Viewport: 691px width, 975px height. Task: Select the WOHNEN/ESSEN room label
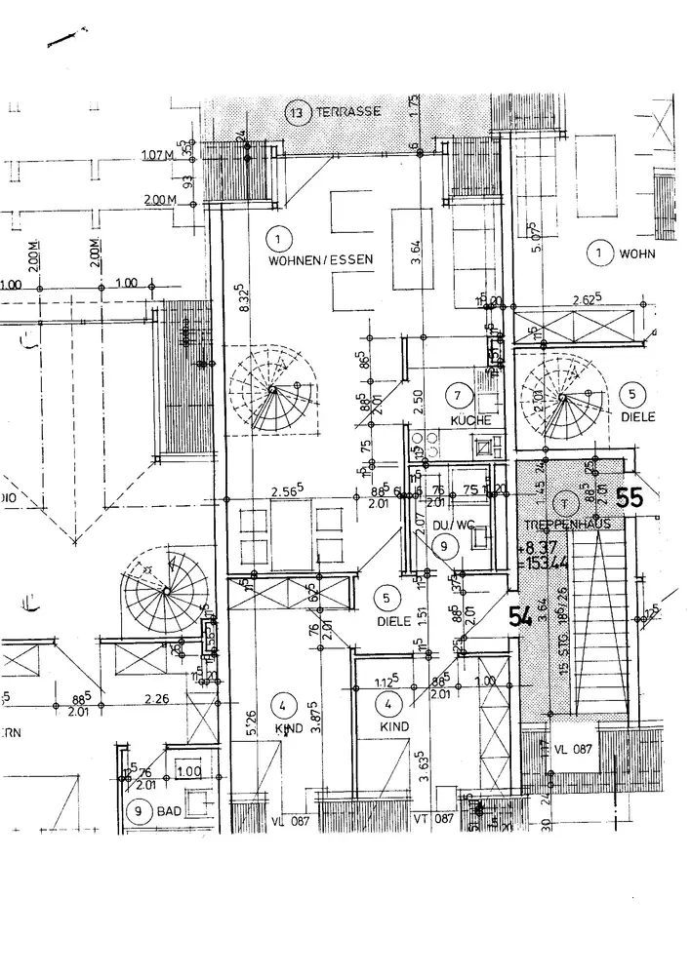click(x=311, y=261)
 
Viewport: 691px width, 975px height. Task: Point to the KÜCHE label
click(x=468, y=419)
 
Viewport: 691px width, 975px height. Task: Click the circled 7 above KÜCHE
click(x=460, y=396)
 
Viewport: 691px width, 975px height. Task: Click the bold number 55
click(x=630, y=498)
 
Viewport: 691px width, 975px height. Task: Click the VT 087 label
click(x=434, y=818)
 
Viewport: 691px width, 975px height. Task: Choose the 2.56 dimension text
click(x=259, y=490)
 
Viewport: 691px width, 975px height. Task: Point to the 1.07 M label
click(x=158, y=156)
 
